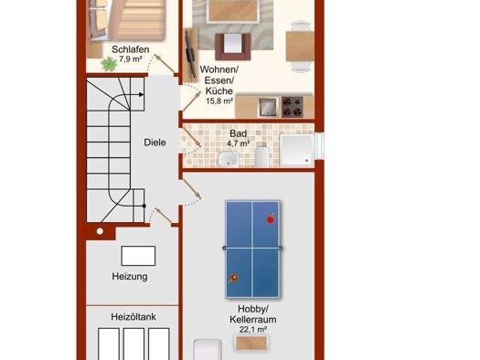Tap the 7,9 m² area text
pyautogui.click(x=131, y=59)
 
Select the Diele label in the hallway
pyautogui.click(x=155, y=143)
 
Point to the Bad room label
pyautogui.click(x=238, y=133)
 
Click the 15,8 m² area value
pyautogui.click(x=219, y=101)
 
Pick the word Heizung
pyautogui.click(x=130, y=277)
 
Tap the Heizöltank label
pyautogui.click(x=133, y=316)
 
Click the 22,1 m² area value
pyautogui.click(x=253, y=330)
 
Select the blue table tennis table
pyautogui.click(x=252, y=249)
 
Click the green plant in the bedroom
pyautogui.click(x=109, y=64)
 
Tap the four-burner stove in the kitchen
pyautogui.click(x=293, y=107)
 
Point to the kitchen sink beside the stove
pyautogui.click(x=268, y=107)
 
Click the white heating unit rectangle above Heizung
pyautogui.click(x=138, y=256)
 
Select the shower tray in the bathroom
pyautogui.click(x=296, y=151)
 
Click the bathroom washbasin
pyautogui.click(x=228, y=159)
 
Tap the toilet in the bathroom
pyautogui.click(x=262, y=156)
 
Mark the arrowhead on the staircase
pyautogui.click(x=141, y=94)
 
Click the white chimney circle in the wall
pyautogui.click(x=100, y=231)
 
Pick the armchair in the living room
pyautogui.click(x=233, y=47)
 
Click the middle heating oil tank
pyautogui.click(x=133, y=344)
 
